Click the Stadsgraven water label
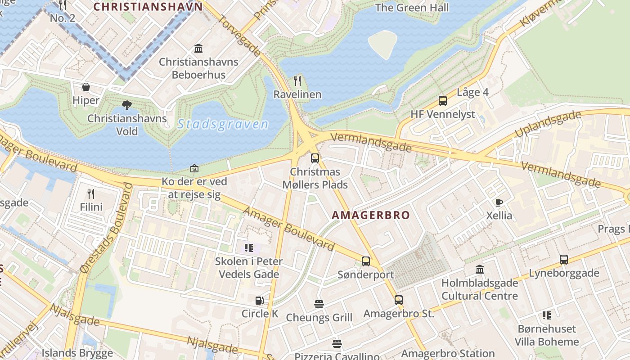[223, 124]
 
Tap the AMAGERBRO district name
[371, 215]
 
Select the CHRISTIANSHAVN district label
[148, 7]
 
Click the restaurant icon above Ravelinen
[297, 81]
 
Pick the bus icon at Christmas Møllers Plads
[315, 158]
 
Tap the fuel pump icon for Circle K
[260, 300]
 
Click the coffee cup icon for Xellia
[499, 202]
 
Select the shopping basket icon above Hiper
[85, 87]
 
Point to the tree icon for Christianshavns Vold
[127, 105]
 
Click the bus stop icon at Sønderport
[366, 261]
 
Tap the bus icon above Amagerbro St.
[398, 300]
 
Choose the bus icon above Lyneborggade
[563, 260]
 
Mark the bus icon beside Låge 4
[443, 101]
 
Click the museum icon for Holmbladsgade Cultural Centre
[480, 270]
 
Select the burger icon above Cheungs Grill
[319, 304]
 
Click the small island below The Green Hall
[382, 44]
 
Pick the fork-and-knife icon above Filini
[91, 194]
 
